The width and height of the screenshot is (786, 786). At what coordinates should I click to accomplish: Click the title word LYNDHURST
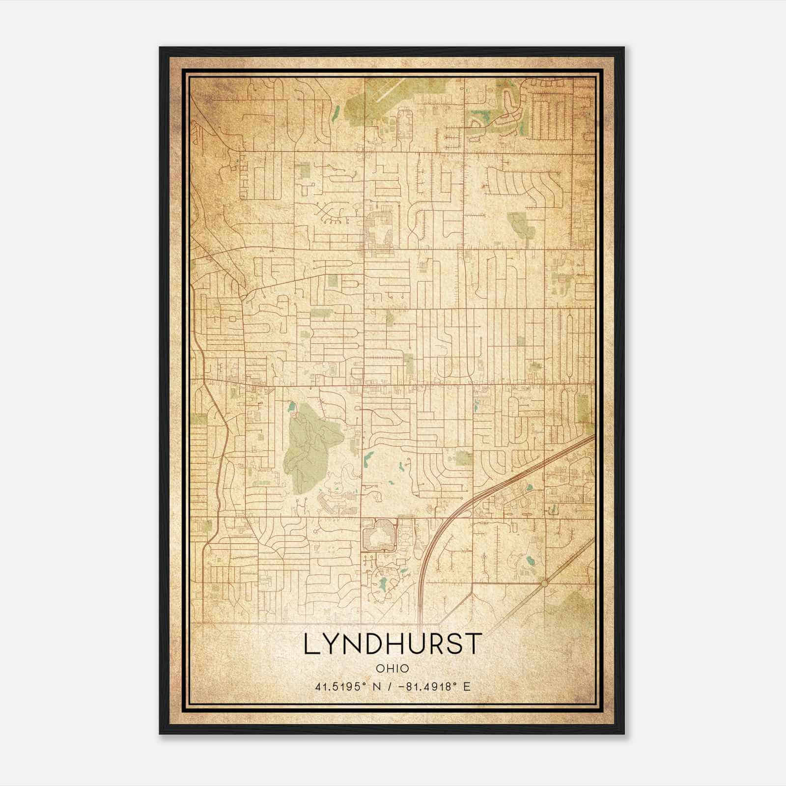(x=392, y=644)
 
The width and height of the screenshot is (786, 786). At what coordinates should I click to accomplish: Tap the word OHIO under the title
(x=392, y=669)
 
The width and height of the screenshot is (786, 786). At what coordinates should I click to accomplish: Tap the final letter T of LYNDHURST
(x=472, y=644)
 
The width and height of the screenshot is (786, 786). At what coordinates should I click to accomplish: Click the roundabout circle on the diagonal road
(x=544, y=583)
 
